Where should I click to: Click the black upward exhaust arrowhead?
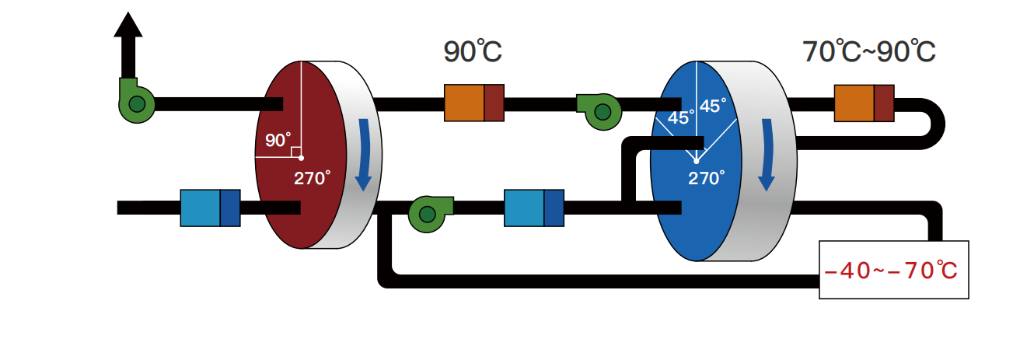[128, 26]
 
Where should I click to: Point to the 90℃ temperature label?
[473, 52]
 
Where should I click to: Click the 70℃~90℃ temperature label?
[868, 52]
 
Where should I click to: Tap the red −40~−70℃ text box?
[893, 270]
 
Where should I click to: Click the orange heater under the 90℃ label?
[473, 103]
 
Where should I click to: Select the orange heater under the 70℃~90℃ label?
[863, 103]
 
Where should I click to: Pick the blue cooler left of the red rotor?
[210, 208]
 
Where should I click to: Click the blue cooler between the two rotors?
[533, 208]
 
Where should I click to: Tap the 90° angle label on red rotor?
[277, 140]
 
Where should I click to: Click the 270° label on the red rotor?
[312, 177]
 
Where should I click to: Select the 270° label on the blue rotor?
[706, 178]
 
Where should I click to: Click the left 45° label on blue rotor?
[681, 119]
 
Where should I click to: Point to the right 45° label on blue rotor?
[713, 106]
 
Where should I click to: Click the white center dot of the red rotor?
[302, 157]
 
